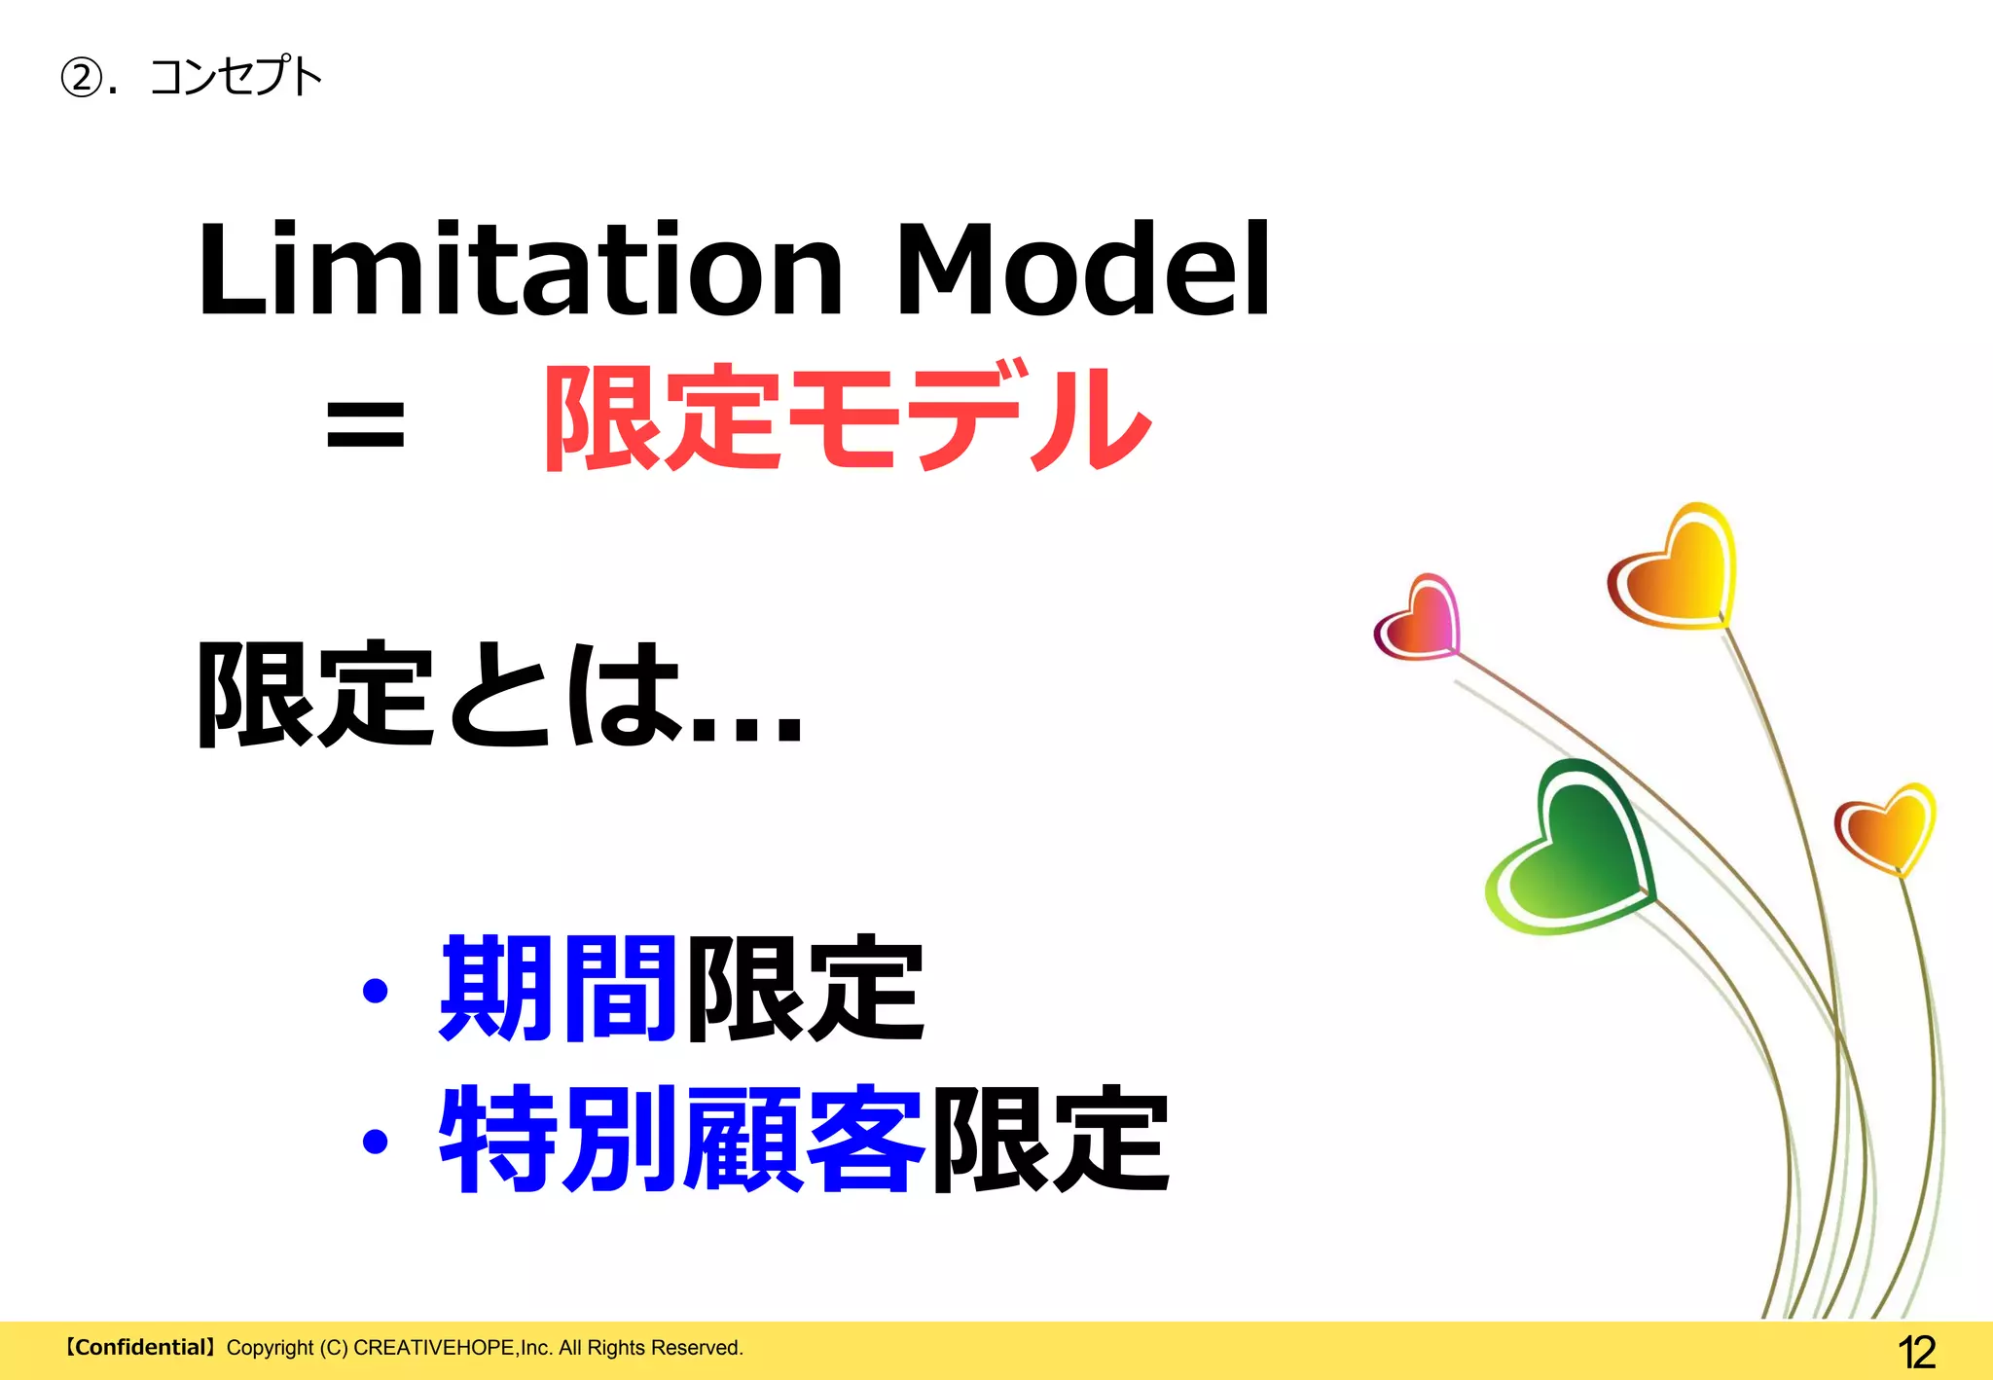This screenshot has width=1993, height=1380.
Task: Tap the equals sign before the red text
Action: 365,425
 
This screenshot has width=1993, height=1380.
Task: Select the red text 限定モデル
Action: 847,418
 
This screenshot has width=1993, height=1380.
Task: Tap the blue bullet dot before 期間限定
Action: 375,992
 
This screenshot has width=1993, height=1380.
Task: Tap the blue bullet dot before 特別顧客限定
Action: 375,1141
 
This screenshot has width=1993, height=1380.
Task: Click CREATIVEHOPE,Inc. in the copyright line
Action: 453,1348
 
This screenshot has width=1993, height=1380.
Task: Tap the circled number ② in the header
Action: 82,77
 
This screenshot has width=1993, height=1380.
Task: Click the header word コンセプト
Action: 236,77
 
